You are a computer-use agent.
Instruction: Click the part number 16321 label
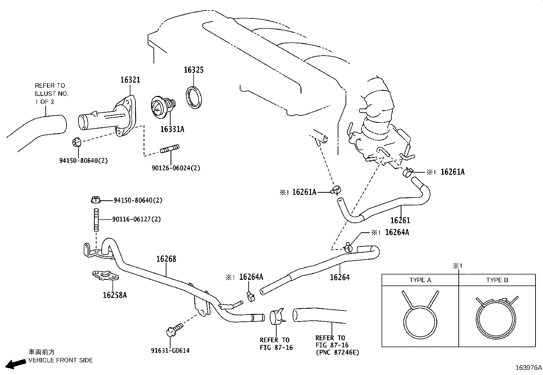coord(130,80)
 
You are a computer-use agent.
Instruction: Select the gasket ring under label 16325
coord(194,98)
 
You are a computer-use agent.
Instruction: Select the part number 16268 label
coord(166,259)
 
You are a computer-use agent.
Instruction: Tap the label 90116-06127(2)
coord(136,219)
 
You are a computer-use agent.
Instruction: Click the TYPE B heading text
coord(497,280)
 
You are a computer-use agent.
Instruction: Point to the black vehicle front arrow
coord(16,364)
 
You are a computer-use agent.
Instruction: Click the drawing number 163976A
coord(528,368)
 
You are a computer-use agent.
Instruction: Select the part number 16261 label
coord(400,220)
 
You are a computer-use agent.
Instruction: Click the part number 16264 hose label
coord(339,277)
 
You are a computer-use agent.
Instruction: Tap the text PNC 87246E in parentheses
coord(337,352)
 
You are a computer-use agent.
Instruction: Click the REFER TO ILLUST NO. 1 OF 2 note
coord(52,93)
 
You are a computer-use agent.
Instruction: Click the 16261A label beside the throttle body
coord(452,172)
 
